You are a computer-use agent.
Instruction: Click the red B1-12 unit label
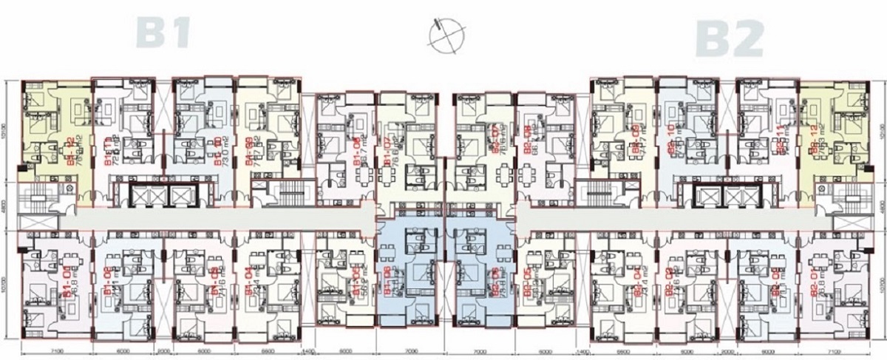[x=72, y=152]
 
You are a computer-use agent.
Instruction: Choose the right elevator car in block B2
[x=745, y=195]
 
